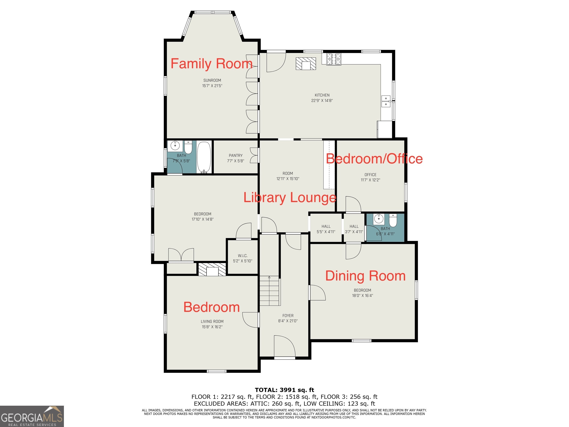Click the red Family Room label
click(x=212, y=64)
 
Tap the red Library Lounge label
click(x=290, y=198)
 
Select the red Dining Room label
click(x=365, y=276)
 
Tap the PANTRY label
click(x=236, y=155)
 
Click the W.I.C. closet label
click(x=243, y=256)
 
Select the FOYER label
click(x=288, y=316)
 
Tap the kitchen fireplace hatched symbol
click(x=306, y=64)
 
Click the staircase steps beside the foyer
click(x=269, y=291)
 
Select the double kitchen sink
click(x=386, y=101)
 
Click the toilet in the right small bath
click(x=393, y=220)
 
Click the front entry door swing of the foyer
click(x=284, y=346)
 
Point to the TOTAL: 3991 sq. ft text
click(x=284, y=390)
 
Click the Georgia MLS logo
click(x=32, y=416)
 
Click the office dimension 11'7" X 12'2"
click(x=370, y=180)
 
